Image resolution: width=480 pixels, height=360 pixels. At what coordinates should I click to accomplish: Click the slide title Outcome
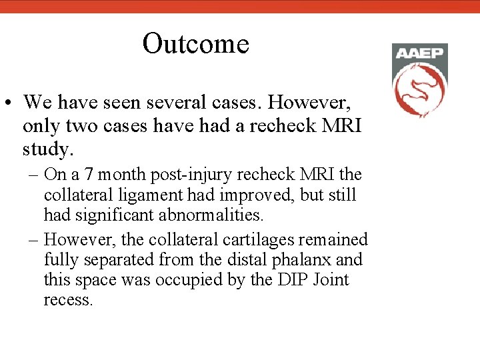coord(195,44)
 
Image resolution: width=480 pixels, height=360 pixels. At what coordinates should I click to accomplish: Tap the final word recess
coord(67,300)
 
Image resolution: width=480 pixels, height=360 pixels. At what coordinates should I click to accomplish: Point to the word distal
coord(245,259)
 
